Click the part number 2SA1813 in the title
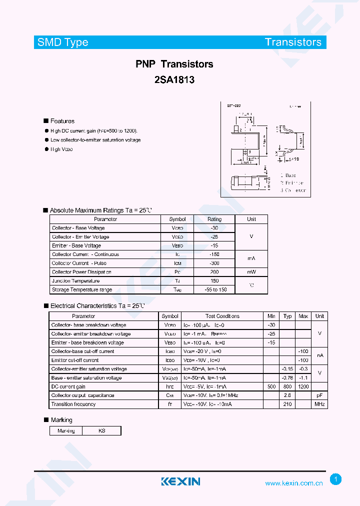coord(174,79)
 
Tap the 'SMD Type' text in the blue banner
coord(63,42)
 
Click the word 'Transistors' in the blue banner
coord(293,42)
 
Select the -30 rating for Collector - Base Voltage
coord(214,228)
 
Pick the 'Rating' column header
coord(214,219)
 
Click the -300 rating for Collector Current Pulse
coord(214,263)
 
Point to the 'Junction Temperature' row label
coord(75,281)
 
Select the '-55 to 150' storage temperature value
coord(214,289)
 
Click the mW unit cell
coord(251,272)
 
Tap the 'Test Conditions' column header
coord(222,316)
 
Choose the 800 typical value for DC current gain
coord(287,386)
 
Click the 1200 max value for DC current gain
coord(303,386)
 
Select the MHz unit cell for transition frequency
coord(319,404)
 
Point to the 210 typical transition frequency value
coord(287,404)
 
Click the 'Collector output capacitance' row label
coord(82,395)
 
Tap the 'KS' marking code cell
coord(101,430)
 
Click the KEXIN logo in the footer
coord(180,481)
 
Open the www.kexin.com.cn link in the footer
coord(293,483)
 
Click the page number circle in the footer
coord(335,479)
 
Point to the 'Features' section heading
coord(62,121)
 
